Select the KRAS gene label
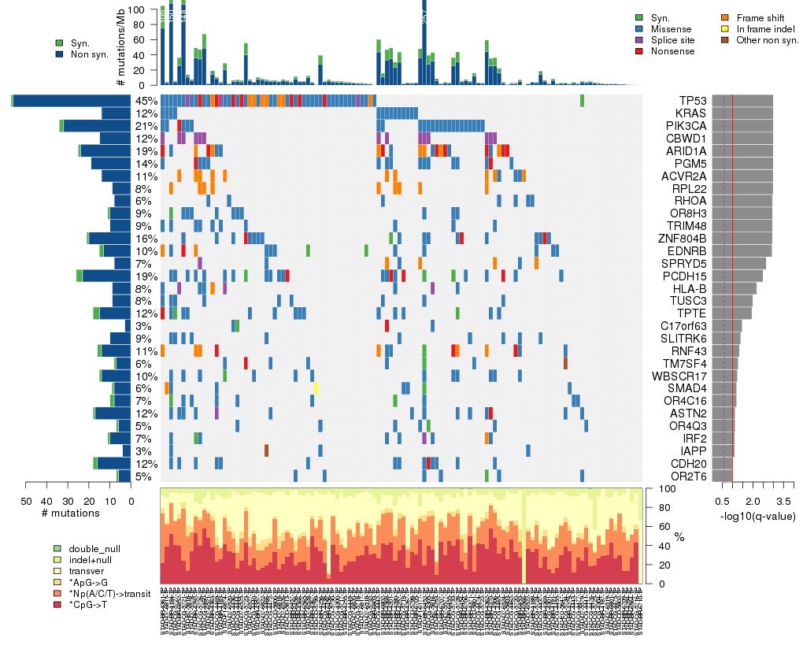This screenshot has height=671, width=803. [x=690, y=113]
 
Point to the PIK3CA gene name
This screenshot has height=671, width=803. [x=686, y=126]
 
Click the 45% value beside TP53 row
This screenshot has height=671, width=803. [x=146, y=101]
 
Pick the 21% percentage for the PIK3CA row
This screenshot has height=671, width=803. [x=146, y=126]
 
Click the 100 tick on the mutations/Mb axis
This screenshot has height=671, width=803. [x=146, y=9]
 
